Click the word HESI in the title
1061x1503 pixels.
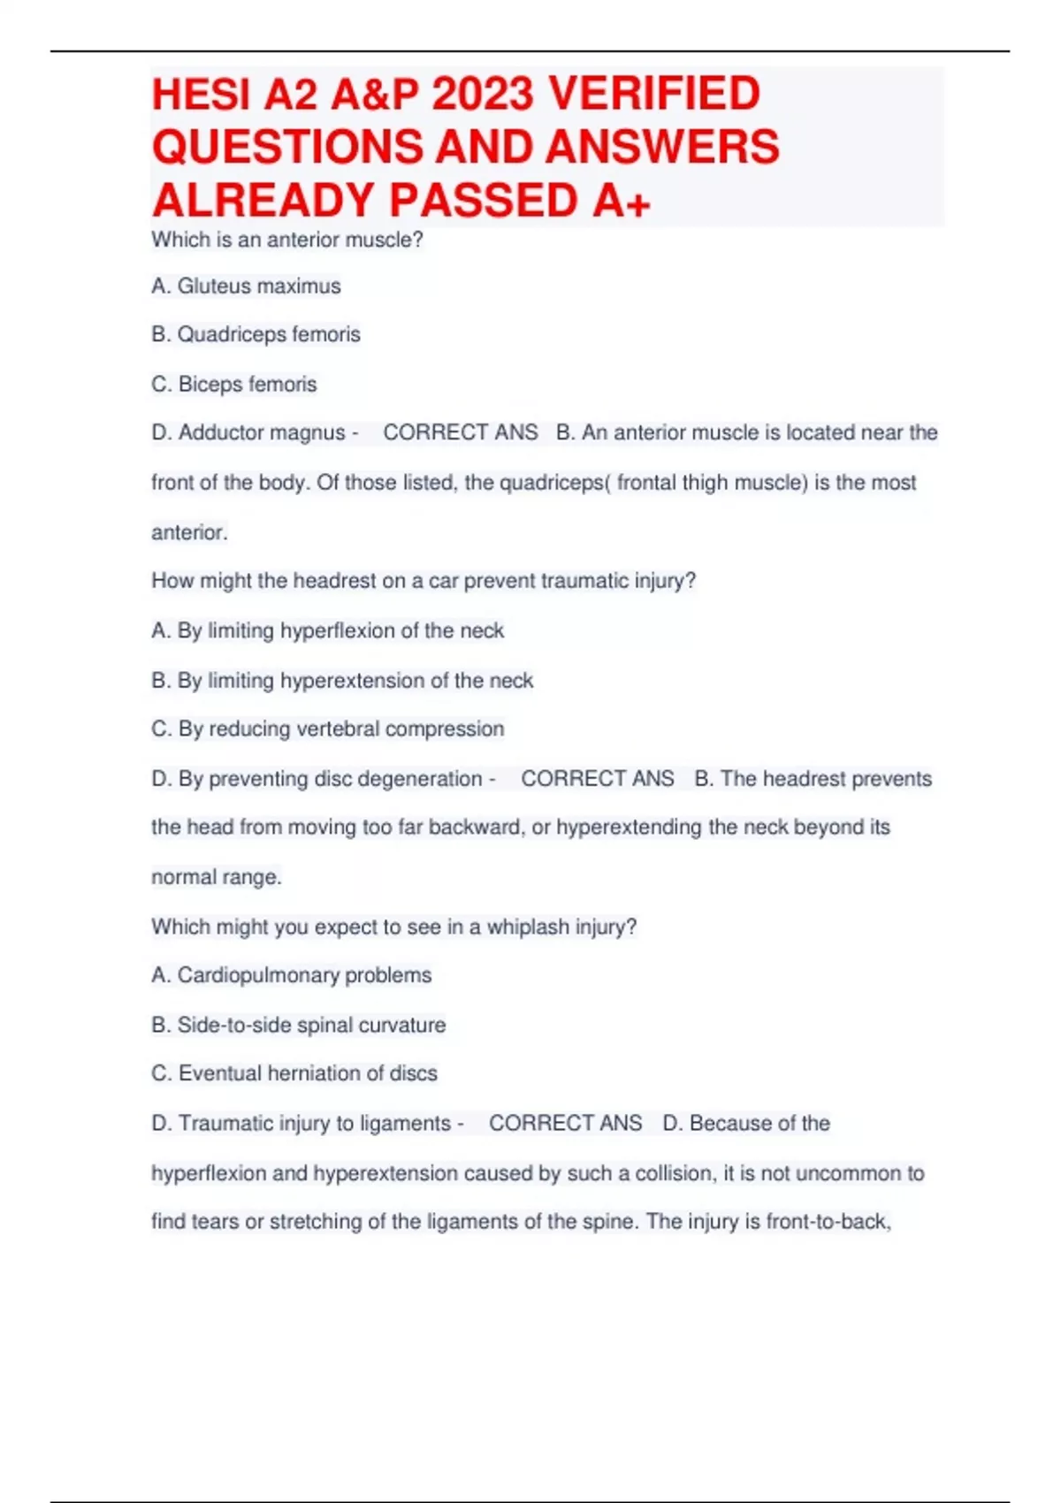[202, 95]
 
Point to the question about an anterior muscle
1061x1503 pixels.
[287, 240]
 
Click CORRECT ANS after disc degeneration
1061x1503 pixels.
[597, 779]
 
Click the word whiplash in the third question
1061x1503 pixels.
[528, 927]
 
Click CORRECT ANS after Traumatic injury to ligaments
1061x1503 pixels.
[565, 1124]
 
